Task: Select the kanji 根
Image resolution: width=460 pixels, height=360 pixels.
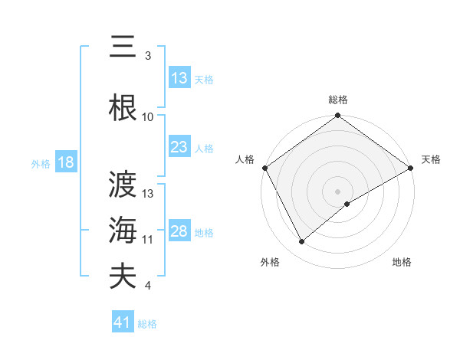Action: [123, 108]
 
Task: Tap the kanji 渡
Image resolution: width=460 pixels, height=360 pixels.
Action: [123, 185]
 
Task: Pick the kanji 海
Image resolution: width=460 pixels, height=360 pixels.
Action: [123, 229]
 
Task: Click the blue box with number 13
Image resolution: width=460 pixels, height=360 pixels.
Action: [179, 78]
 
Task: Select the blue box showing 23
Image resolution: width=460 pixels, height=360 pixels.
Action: [179, 147]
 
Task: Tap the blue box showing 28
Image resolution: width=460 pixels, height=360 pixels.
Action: [179, 231]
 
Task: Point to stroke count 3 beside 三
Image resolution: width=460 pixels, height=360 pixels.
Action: [148, 56]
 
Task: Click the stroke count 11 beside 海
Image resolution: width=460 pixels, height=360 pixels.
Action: [148, 239]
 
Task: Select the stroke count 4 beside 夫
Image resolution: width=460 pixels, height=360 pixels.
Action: [148, 286]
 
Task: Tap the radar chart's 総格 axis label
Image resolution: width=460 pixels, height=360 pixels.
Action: [338, 100]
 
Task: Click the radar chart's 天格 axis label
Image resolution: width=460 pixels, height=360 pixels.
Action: [431, 159]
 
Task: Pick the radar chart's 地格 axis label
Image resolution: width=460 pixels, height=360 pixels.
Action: [402, 262]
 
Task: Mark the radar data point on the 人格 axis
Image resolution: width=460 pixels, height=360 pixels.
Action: [264, 167]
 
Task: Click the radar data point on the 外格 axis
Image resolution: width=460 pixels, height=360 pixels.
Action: [302, 241]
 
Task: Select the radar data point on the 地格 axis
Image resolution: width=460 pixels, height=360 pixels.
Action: [347, 204]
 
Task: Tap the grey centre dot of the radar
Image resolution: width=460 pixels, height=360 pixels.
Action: [338, 191]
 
